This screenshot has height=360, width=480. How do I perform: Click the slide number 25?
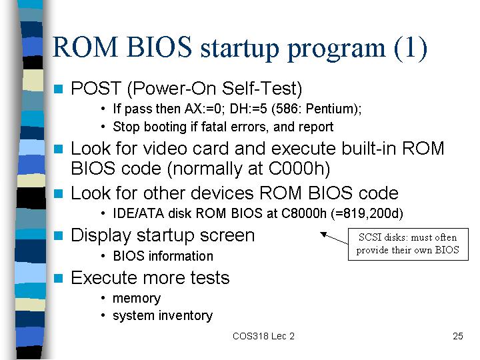pos(457,336)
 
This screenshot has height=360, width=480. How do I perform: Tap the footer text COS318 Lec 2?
pos(263,336)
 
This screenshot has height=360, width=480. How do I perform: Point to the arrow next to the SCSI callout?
pos(334,238)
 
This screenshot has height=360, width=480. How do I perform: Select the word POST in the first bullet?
pos(96,89)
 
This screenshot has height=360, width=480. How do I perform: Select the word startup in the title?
pos(239,48)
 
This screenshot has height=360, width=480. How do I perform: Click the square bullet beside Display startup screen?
pos(58,236)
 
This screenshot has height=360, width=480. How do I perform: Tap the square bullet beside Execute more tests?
pos(58,278)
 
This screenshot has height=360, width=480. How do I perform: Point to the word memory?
pos(137,299)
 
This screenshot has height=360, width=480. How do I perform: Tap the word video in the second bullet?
pos(165,149)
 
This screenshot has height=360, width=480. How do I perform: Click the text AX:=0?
pos(203,109)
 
